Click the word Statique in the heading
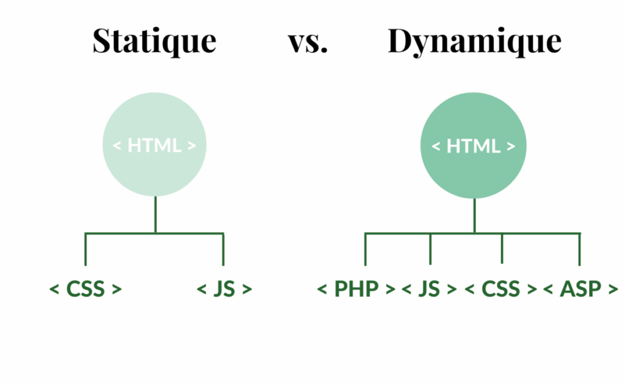[x=154, y=41]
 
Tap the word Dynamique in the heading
[x=474, y=42]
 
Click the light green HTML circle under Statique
[x=154, y=145]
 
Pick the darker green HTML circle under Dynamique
[x=474, y=146]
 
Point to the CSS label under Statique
[x=85, y=288]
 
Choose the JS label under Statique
[x=225, y=288]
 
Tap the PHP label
[x=356, y=288]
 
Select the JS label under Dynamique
[x=430, y=288]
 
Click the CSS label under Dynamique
[x=501, y=288]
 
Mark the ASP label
[x=580, y=288]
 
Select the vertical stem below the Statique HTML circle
[x=155, y=214]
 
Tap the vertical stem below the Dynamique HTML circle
[x=474, y=216]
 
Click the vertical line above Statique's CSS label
[x=85, y=249]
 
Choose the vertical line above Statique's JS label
[x=223, y=249]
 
